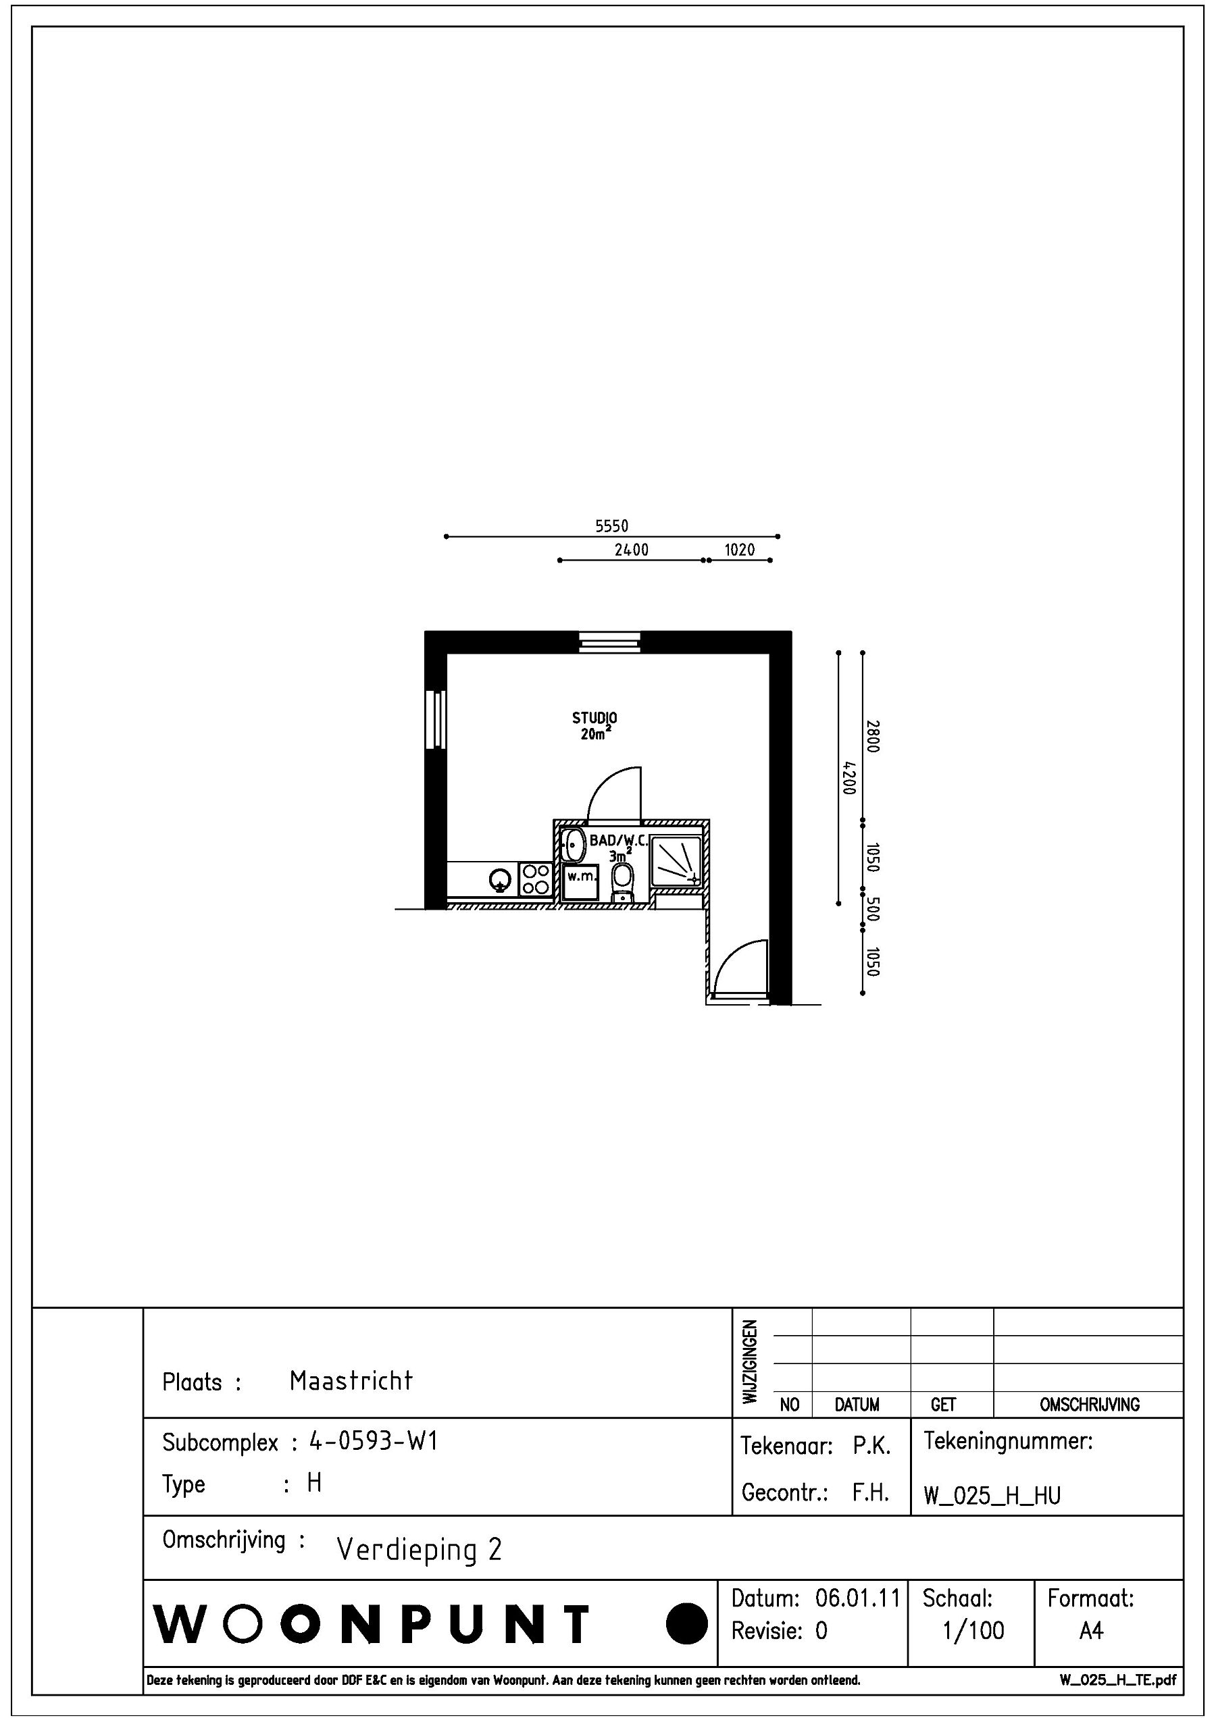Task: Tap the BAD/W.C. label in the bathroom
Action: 618,840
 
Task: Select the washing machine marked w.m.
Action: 581,881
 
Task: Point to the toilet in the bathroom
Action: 622,883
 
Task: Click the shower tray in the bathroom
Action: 676,862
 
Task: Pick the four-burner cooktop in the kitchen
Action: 535,879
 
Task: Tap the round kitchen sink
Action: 499,880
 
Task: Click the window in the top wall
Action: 609,642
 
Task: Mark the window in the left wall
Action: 435,719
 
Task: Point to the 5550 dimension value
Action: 611,526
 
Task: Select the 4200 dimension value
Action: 847,779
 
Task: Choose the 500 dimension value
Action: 872,909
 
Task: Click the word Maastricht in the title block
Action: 351,1380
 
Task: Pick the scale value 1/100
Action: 973,1630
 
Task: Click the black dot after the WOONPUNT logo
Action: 686,1624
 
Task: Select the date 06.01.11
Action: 857,1598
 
